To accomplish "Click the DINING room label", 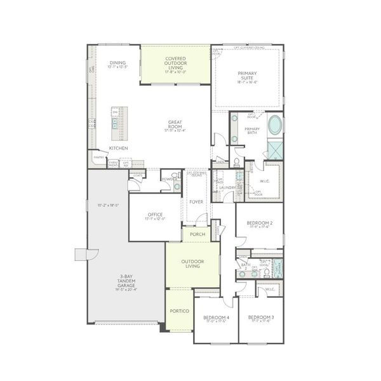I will (x=117, y=63).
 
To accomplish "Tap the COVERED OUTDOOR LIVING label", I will (x=175, y=62).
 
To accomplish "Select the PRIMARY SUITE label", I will (x=248, y=76).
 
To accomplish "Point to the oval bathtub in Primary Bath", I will (x=275, y=125).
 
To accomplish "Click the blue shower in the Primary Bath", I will (x=276, y=150).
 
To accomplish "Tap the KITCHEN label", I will (x=119, y=148).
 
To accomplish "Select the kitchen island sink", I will (x=116, y=121).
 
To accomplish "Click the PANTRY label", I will (x=99, y=157).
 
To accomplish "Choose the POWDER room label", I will (x=168, y=179).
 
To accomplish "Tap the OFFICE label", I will (x=156, y=215).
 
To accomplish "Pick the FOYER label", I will (x=196, y=202).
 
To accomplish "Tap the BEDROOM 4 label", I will (x=216, y=317).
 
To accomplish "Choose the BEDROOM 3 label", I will (x=261, y=317).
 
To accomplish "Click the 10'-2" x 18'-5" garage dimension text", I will (x=109, y=205).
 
